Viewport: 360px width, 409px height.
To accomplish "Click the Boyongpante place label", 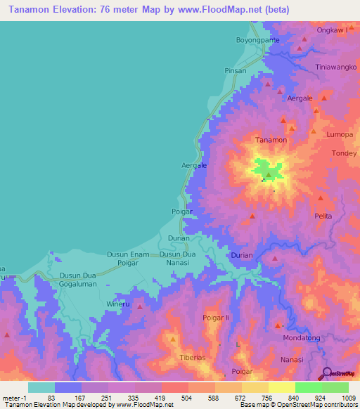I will (x=257, y=40).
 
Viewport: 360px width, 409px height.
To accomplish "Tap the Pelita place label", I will (x=323, y=216).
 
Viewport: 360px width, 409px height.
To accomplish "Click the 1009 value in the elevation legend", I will (x=348, y=397).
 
